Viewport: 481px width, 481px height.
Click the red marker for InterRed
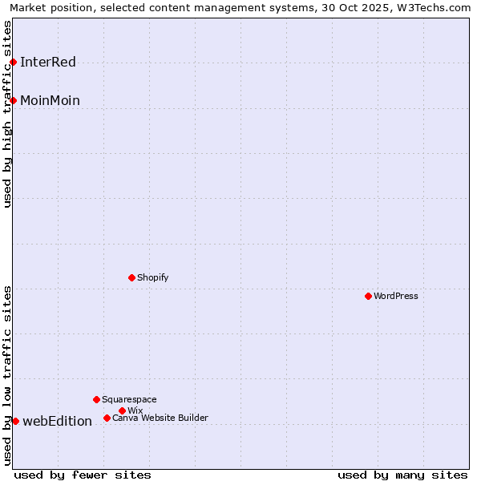click(13, 62)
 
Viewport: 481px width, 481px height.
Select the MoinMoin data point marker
click(13, 100)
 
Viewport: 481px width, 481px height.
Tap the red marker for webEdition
click(15, 421)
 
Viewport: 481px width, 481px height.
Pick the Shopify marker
click(131, 277)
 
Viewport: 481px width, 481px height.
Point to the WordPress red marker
click(368, 296)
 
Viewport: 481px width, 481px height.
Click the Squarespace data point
click(96, 399)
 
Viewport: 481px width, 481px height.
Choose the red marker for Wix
click(122, 410)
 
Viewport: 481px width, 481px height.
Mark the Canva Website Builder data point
click(107, 418)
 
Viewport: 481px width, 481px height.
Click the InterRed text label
click(48, 63)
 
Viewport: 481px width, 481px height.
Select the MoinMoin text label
click(50, 101)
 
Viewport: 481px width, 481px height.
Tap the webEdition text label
click(57, 422)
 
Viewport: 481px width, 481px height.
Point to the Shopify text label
click(152, 277)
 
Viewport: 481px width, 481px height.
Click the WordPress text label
click(396, 296)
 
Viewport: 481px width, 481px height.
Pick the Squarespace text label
click(129, 399)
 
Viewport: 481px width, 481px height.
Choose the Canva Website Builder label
click(160, 418)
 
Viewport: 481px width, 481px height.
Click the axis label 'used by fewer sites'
click(83, 475)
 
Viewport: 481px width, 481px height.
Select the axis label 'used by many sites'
click(402, 475)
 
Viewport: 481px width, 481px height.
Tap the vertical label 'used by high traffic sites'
click(8, 114)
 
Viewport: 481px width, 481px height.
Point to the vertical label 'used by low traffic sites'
click(8, 375)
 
